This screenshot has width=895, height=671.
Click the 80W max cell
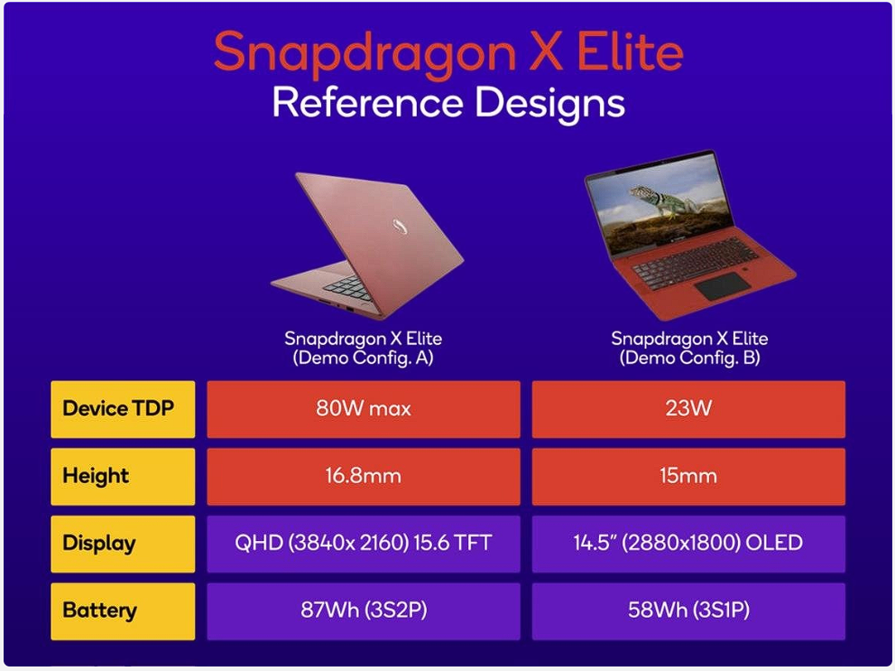pyautogui.click(x=363, y=409)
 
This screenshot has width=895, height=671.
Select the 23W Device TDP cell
pyautogui.click(x=687, y=409)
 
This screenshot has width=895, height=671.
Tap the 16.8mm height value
pyautogui.click(x=363, y=476)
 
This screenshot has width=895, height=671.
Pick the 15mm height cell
pyautogui.click(x=687, y=476)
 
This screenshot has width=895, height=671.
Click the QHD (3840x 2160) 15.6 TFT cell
pyautogui.click(x=363, y=544)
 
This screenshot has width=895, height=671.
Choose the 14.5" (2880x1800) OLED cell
pyautogui.click(x=687, y=544)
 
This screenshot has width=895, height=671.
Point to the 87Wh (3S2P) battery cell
pyautogui.click(x=363, y=610)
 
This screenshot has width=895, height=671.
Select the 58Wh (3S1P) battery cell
pyautogui.click(x=687, y=610)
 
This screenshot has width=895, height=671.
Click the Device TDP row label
pyautogui.click(x=123, y=409)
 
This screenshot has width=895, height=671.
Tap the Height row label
pyautogui.click(x=123, y=476)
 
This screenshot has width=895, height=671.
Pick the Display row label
pyautogui.click(x=123, y=544)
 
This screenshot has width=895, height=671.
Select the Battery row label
pyautogui.click(x=123, y=610)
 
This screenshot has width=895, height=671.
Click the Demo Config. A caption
pyautogui.click(x=363, y=358)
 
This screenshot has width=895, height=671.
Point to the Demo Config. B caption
pyautogui.click(x=689, y=358)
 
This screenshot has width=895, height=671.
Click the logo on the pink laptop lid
pyautogui.click(x=401, y=228)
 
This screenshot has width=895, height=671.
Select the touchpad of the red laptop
pyautogui.click(x=722, y=287)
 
